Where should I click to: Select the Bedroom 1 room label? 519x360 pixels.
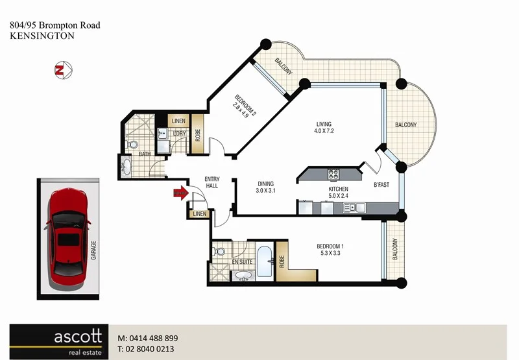coord(330,250)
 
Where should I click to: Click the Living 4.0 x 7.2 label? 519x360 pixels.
coord(324,128)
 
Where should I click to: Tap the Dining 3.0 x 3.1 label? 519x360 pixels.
coord(266,187)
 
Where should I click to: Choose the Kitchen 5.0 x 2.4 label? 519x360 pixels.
coord(338,193)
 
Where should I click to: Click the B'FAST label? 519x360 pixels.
coord(381,185)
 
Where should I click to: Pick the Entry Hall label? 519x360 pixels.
coord(212,182)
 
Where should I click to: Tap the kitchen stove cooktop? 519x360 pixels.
coord(333,174)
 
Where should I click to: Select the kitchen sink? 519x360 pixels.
coord(354,208)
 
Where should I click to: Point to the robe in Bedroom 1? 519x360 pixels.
coord(282,261)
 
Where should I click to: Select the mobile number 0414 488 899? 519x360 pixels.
coord(154,339)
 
